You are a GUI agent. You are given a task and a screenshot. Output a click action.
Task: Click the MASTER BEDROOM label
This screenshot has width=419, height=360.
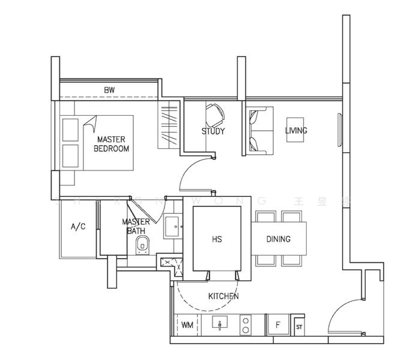(x=111, y=144)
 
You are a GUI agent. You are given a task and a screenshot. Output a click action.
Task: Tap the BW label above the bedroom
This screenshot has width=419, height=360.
(x=109, y=91)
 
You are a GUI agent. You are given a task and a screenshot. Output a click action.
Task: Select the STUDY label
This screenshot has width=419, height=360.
(x=213, y=131)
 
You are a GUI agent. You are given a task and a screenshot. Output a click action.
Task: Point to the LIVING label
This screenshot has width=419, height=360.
(x=296, y=130)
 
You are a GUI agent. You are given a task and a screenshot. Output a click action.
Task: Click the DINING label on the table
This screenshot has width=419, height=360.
(x=278, y=239)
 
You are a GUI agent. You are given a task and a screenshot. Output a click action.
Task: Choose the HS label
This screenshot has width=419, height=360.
(x=217, y=239)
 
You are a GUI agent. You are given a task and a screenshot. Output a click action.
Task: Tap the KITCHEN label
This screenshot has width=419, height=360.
(x=223, y=296)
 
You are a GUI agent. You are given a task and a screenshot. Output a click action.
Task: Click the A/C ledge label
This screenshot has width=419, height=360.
(x=78, y=227)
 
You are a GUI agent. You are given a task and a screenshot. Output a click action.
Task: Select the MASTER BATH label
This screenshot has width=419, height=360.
(x=136, y=226)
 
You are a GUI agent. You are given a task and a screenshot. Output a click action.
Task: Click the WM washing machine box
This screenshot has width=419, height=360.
(x=187, y=325)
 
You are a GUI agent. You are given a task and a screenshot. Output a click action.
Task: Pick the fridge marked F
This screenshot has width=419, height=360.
(x=277, y=325)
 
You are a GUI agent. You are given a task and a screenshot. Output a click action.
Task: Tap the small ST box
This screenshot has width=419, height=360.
(x=299, y=326)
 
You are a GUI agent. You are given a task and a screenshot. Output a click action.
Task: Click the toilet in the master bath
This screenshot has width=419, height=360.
(x=143, y=245)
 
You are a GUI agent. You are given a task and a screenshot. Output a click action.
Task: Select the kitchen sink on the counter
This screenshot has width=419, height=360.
(x=220, y=325)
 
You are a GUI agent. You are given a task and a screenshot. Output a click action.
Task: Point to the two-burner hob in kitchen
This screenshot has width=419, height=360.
(x=246, y=325)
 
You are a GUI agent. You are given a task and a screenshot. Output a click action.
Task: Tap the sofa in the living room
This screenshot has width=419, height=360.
(x=259, y=130)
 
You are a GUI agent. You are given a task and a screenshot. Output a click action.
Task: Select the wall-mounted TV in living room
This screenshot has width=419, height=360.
(x=340, y=129)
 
